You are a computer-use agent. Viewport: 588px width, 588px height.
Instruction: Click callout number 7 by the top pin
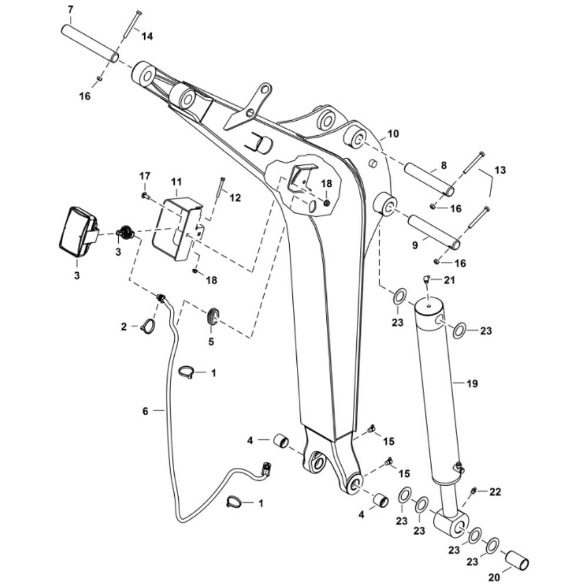71,10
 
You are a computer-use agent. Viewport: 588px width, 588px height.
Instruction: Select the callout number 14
146,36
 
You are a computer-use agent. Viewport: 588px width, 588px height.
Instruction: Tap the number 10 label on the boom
393,133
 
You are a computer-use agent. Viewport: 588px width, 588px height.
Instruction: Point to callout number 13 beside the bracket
500,170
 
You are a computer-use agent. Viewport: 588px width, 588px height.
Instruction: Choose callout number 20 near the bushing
495,577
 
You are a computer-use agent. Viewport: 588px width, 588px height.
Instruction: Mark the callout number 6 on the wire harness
145,411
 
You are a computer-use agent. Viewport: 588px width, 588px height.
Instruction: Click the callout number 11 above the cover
176,182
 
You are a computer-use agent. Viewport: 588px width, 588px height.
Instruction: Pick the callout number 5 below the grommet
211,342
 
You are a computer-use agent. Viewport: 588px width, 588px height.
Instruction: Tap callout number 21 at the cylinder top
449,280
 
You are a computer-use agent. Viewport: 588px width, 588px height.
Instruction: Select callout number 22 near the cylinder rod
495,492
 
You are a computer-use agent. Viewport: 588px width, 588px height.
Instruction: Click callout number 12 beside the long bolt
235,198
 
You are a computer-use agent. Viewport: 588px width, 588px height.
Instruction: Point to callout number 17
145,176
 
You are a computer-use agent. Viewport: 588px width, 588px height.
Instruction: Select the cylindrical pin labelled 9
435,232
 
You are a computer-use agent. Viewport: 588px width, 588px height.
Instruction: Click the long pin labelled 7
90,43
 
